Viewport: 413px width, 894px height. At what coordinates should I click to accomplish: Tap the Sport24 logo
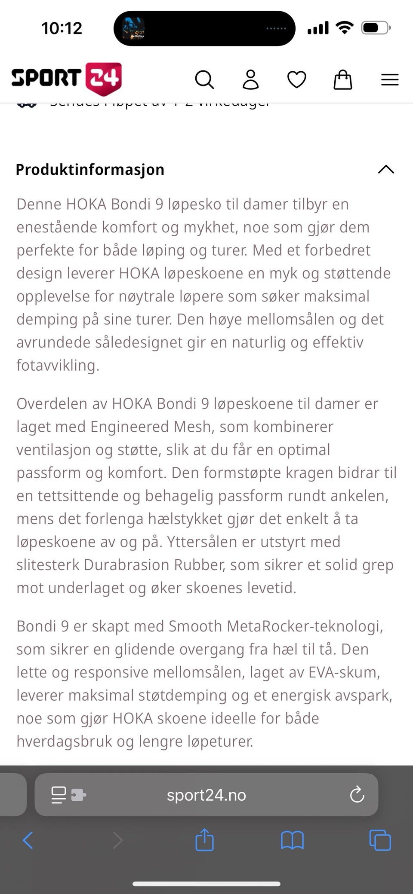(x=67, y=79)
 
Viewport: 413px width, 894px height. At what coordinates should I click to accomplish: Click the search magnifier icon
(x=204, y=79)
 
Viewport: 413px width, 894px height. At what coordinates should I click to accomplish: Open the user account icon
(x=250, y=79)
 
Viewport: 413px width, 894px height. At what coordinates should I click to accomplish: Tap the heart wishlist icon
(x=296, y=79)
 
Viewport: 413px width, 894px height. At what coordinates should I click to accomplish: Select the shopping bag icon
(x=342, y=79)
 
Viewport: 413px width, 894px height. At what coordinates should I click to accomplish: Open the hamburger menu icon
(x=389, y=79)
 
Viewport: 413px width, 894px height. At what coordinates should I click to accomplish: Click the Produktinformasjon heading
(x=90, y=170)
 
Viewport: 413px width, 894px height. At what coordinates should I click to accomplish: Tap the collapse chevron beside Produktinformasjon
(x=386, y=169)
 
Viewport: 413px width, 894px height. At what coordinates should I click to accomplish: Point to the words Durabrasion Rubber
(x=154, y=564)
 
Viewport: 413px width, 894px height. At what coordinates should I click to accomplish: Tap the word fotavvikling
(x=58, y=365)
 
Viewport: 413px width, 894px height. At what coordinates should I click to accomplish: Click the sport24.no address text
(x=206, y=795)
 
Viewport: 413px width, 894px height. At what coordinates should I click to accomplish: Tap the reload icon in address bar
(x=357, y=795)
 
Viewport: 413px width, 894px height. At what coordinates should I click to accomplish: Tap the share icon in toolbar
(x=204, y=840)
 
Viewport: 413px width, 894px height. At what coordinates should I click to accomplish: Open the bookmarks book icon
(x=292, y=840)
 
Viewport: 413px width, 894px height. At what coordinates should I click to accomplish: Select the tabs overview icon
(x=380, y=840)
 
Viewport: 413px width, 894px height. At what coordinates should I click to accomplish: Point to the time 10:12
(x=62, y=28)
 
